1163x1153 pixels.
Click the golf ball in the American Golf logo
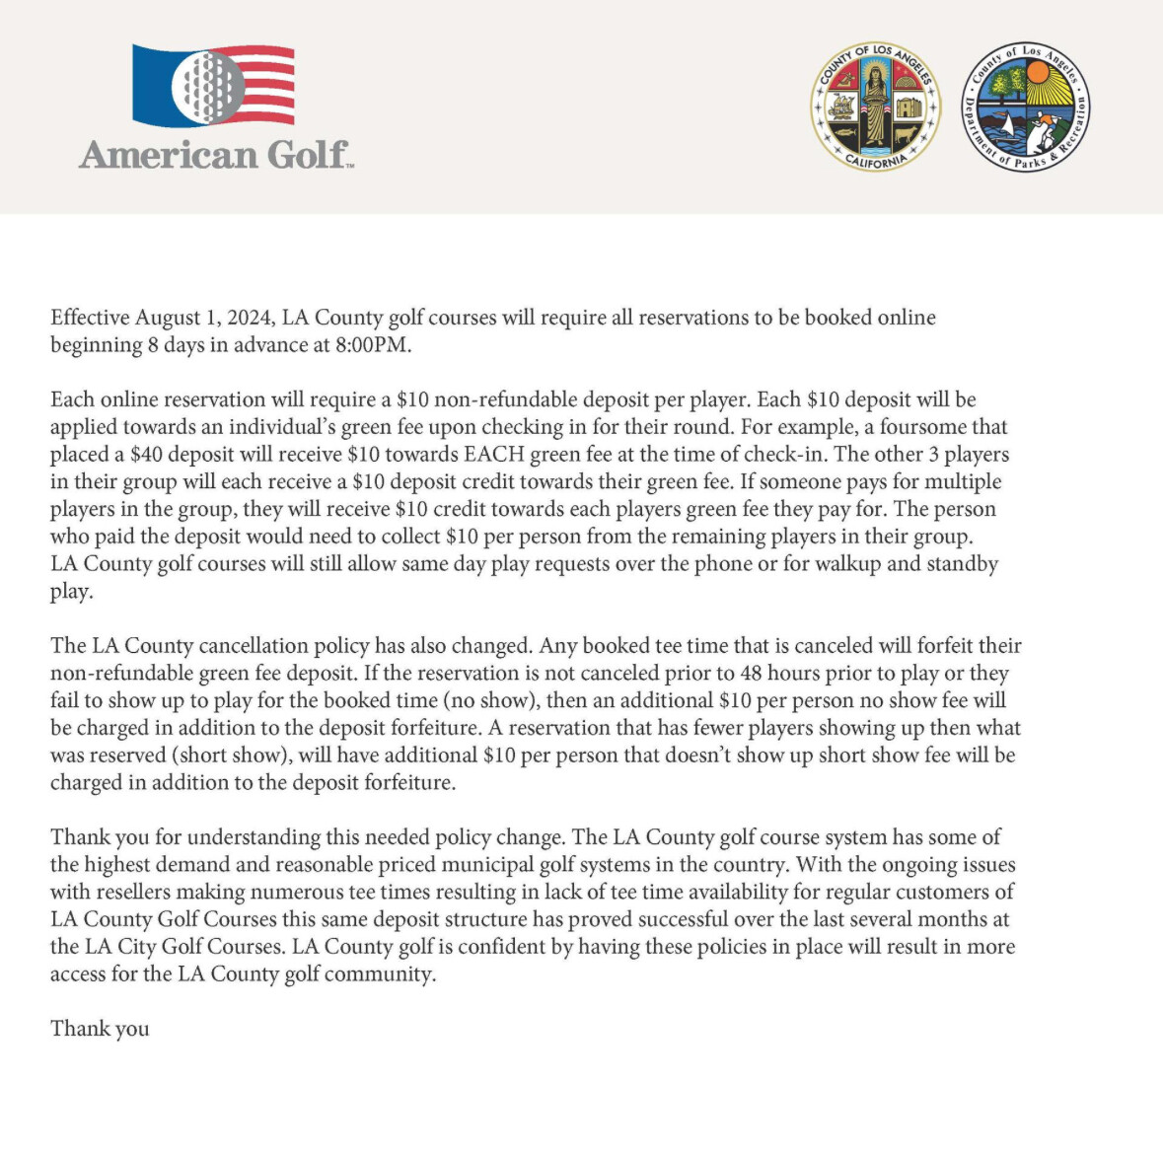208,86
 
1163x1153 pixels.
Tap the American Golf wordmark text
215,155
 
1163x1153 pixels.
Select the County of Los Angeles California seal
875,106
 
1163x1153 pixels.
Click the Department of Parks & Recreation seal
1026,106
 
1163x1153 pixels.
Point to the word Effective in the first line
90,318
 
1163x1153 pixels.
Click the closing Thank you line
100,1029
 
